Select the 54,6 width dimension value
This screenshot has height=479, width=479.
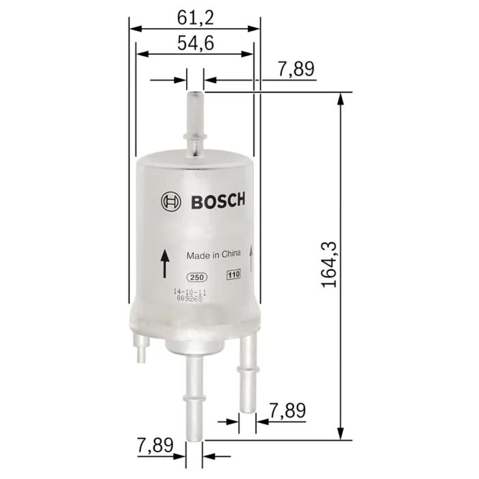(x=196, y=43)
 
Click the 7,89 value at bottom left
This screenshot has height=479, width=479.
(x=155, y=445)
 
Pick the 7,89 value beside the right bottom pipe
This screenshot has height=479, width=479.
(x=287, y=411)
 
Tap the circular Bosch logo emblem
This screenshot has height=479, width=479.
(x=170, y=202)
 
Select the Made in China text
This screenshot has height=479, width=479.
(x=214, y=255)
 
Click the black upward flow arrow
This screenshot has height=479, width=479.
(x=164, y=264)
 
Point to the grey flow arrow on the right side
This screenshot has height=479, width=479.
(x=253, y=260)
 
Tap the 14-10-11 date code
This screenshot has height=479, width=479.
(x=190, y=292)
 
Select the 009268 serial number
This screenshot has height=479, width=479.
(x=190, y=298)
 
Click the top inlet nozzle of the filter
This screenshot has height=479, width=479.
(x=195, y=120)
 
